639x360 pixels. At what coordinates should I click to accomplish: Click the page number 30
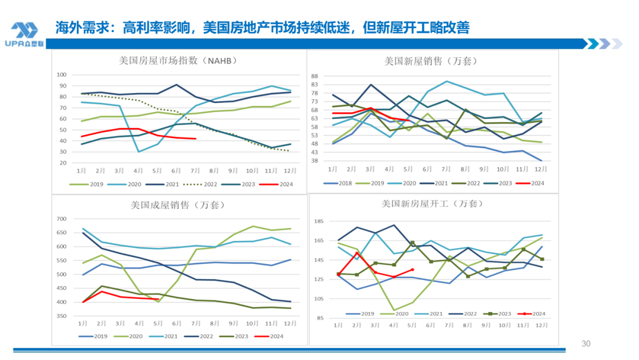coord(586,344)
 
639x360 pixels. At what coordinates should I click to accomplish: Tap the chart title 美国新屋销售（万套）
coord(430,60)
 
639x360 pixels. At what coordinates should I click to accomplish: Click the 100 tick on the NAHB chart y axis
coord(61,75)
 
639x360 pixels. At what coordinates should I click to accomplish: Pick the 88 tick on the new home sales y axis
coord(315,76)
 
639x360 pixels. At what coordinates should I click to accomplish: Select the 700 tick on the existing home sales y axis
coord(61,219)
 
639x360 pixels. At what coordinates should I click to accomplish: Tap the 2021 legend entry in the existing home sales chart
coord(167,336)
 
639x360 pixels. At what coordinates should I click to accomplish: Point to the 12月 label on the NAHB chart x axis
coord(288,170)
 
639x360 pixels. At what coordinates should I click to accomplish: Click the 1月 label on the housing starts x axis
coord(338,325)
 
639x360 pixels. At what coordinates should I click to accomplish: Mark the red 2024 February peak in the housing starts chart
coord(357,253)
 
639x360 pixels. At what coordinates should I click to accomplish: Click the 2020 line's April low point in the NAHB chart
coord(139,152)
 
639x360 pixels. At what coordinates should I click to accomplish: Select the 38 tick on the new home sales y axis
coord(315,161)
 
